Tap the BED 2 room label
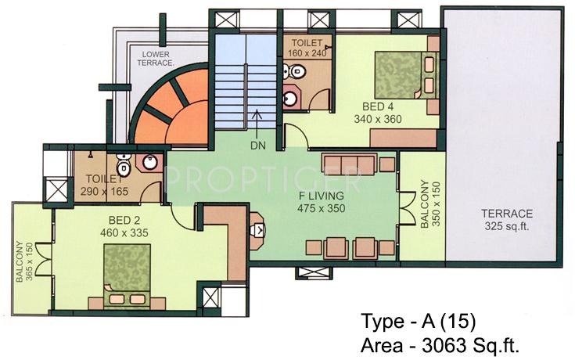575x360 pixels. (118, 221)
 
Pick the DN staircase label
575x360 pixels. (258, 145)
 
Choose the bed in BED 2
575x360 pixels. (127, 270)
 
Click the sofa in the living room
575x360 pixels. (349, 164)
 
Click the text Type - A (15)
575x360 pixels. (418, 322)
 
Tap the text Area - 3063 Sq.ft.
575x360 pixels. (440, 344)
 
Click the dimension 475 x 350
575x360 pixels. (321, 209)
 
